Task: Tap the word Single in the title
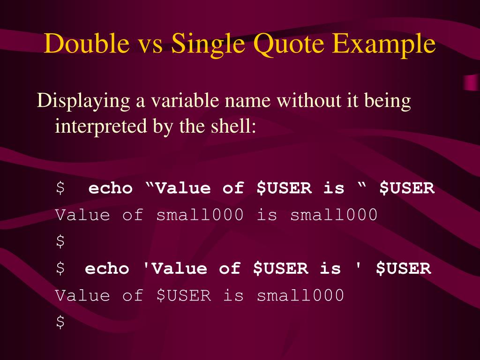[208, 45]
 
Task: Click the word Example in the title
[384, 45]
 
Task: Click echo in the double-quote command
[111, 188]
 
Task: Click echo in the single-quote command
[107, 269]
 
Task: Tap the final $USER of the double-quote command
[407, 188]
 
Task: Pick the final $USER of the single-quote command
[403, 269]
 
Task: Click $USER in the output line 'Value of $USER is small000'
[184, 295]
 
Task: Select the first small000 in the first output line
[200, 215]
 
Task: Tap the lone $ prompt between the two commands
[60, 242]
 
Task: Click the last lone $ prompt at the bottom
[60, 322]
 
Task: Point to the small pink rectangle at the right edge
[471, 82]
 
